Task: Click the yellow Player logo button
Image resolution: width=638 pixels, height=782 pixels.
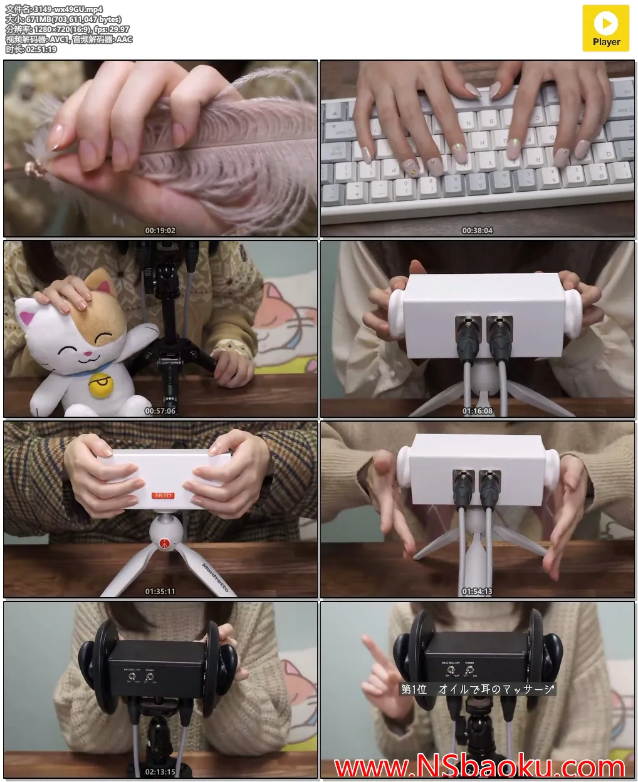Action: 605,28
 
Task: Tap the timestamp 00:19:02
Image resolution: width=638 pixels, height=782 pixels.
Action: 160,231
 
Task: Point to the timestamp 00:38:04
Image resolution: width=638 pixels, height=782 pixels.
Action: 478,231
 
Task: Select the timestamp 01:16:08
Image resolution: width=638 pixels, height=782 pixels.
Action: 478,411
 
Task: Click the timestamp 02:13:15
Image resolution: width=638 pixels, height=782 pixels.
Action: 160,772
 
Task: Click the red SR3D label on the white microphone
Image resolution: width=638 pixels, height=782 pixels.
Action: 162,496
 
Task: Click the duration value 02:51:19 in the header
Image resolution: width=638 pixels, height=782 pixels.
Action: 41,50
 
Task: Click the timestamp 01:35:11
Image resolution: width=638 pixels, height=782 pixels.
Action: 160,592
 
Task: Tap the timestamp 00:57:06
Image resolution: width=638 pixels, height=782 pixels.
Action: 160,411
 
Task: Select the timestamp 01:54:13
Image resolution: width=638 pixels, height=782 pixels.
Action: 478,592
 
